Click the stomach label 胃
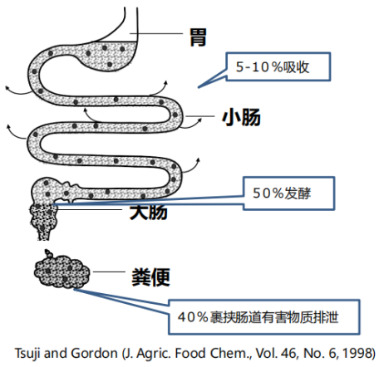[x=198, y=37]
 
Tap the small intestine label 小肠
[x=241, y=117]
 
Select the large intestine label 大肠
[x=149, y=212]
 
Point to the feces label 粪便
[x=150, y=276]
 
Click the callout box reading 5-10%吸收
[x=278, y=66]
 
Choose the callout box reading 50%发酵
[x=289, y=193]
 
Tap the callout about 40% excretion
[x=264, y=317]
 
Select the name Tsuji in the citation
[x=27, y=354]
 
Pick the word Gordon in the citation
[x=94, y=354]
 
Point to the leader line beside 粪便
[x=109, y=272]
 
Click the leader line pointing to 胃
[x=156, y=34]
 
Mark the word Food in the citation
[x=190, y=353]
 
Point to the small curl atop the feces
[x=48, y=253]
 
